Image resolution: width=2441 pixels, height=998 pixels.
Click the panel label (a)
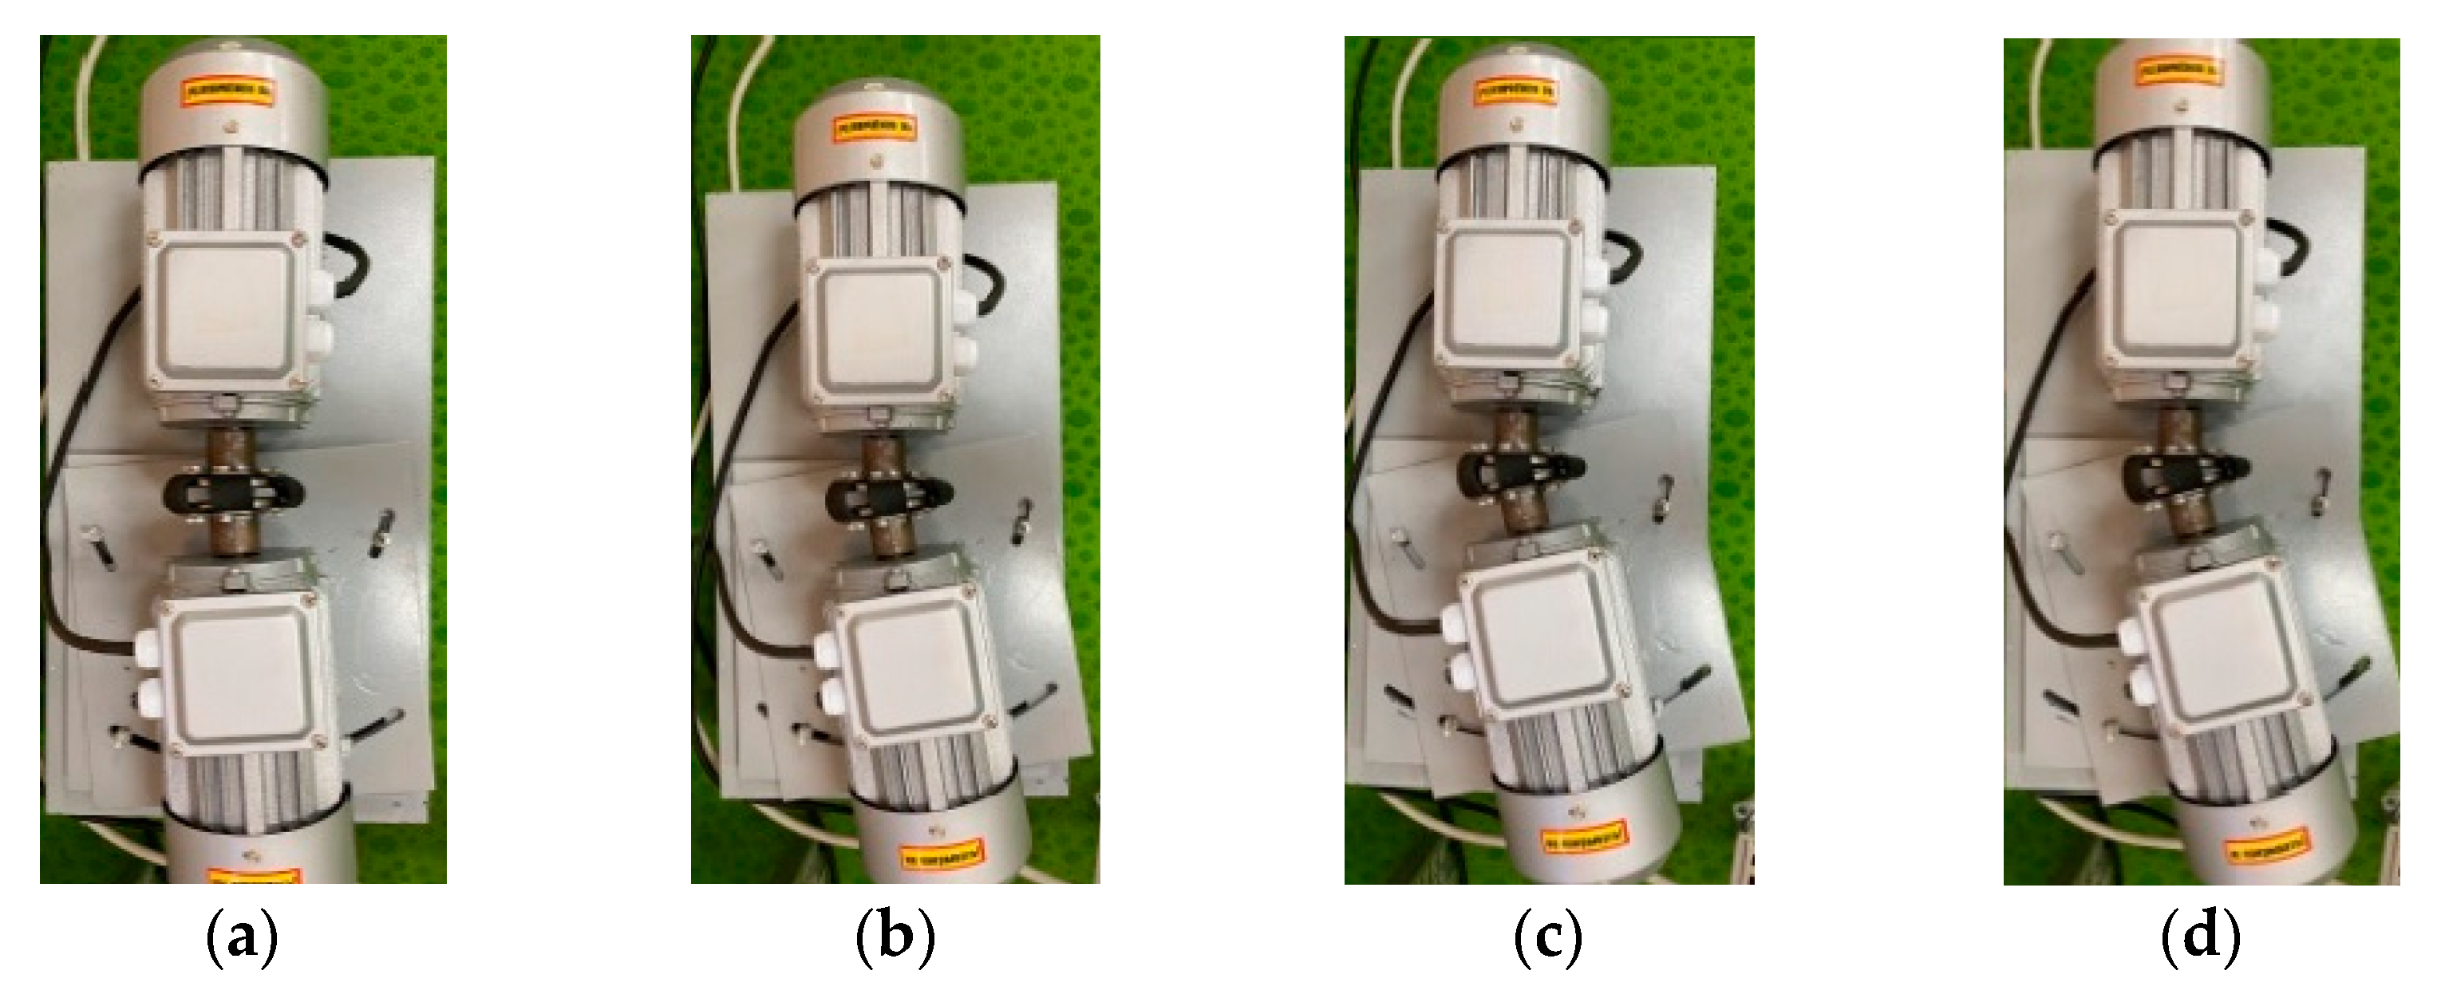click(243, 937)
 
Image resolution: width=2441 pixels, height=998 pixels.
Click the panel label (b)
click(895, 937)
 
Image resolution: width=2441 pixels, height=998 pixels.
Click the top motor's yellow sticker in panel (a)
click(229, 92)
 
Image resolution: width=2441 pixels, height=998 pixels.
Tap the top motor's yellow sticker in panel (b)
click(874, 128)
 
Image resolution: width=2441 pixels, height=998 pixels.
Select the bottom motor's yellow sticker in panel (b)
click(941, 857)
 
